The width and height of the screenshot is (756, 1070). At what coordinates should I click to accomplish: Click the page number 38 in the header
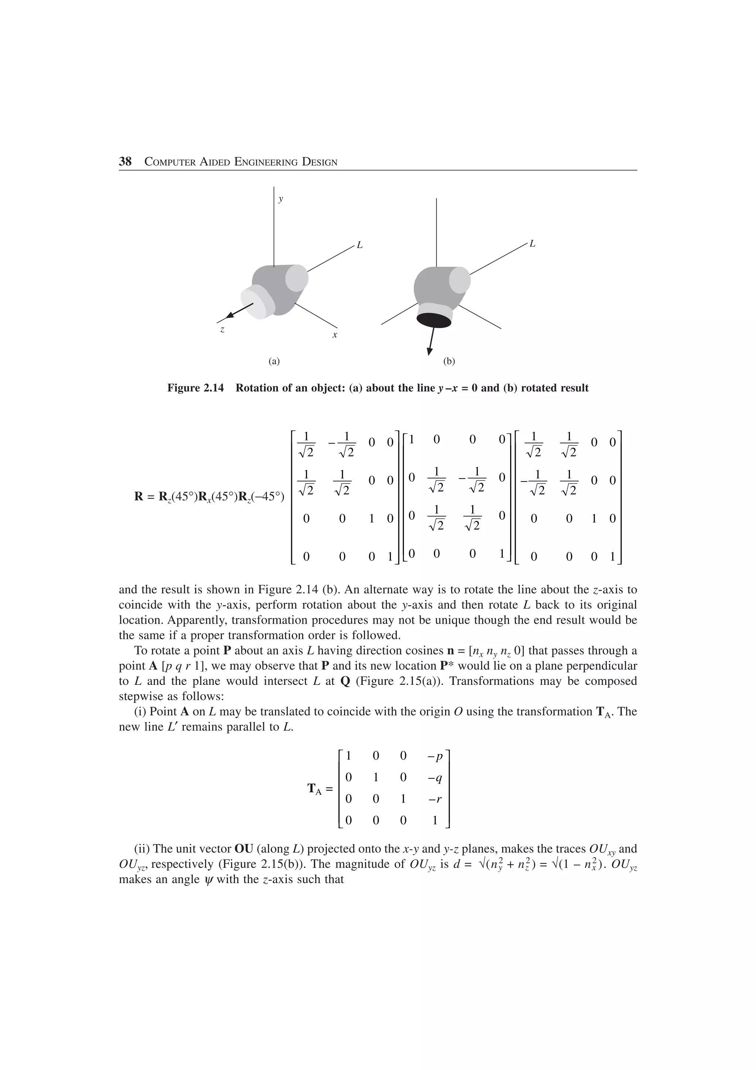coord(125,162)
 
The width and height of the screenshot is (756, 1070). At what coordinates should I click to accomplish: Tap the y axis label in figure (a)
coord(281,199)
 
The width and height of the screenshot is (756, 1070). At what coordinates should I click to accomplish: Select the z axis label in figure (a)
coord(222,329)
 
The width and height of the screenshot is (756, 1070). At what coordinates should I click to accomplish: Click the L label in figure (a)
coord(360,245)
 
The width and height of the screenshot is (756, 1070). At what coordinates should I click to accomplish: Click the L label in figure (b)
coord(532,244)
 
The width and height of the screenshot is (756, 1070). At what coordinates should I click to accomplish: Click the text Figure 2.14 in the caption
coord(195,388)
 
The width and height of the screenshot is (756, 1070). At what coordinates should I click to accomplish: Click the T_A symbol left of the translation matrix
coord(315,789)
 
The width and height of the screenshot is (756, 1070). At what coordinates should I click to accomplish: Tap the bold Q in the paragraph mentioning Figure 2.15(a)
coord(345,681)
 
